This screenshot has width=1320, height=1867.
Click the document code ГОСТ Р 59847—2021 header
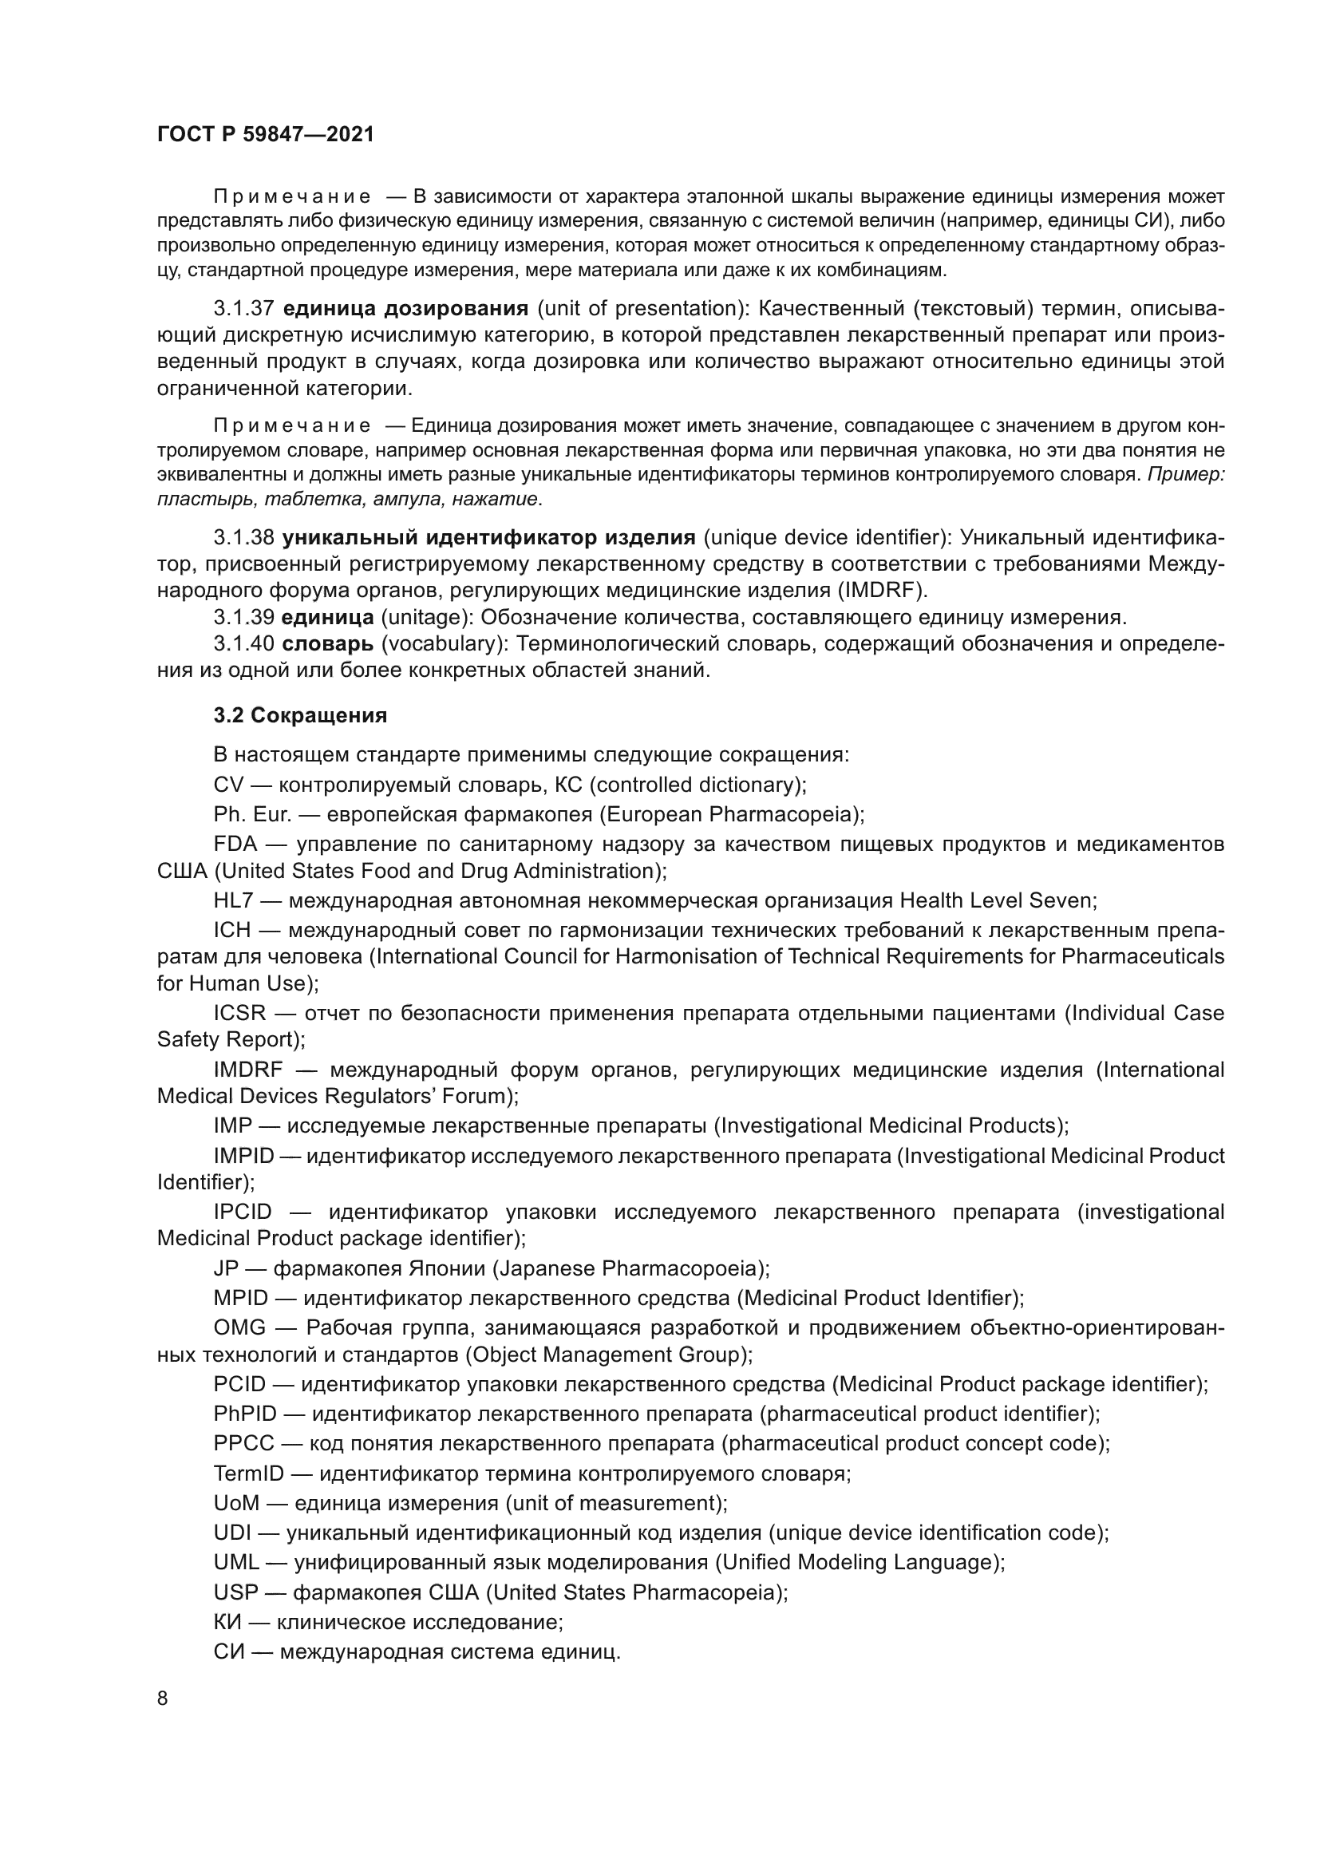click(266, 135)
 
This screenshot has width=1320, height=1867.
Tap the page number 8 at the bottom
click(163, 1699)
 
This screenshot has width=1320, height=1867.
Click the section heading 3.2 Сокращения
click(300, 715)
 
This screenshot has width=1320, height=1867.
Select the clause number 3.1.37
click(244, 309)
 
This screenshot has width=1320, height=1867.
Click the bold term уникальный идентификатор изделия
click(488, 537)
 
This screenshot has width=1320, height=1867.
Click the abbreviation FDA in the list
click(235, 845)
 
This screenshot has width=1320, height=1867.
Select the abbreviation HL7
click(234, 901)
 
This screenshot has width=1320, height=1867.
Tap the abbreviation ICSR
click(239, 1013)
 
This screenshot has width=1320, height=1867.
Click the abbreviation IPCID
click(243, 1212)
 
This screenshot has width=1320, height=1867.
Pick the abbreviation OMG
click(239, 1328)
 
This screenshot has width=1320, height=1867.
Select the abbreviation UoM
click(235, 1503)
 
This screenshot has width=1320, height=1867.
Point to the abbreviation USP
click(235, 1592)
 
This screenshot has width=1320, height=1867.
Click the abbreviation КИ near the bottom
click(227, 1622)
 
